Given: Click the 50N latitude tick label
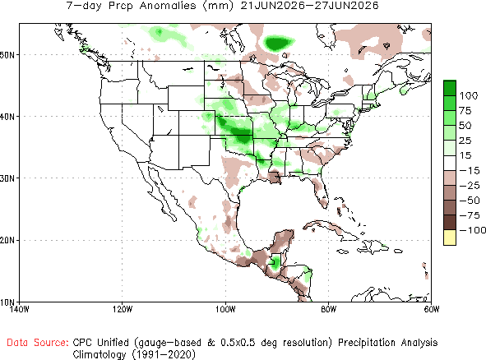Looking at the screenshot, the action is point(7,55).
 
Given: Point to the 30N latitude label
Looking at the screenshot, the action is point(7,178).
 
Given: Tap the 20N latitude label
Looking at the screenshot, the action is point(7,241).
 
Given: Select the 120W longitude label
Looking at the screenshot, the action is point(123,309).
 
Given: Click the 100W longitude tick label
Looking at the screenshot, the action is point(225,309).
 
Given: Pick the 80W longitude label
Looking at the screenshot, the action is point(329,309).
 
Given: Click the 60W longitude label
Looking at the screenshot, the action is point(432,309).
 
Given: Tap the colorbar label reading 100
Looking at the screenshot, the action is point(469,95).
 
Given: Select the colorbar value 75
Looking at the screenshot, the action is point(465,111).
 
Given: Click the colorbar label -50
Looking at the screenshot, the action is point(470,201).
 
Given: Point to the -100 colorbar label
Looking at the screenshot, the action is point(472,230).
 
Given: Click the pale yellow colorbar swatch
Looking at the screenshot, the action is point(450,238).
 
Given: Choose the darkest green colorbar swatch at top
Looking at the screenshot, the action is point(450,88).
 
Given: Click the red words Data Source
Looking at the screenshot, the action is point(38,343).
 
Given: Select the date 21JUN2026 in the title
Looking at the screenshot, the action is point(273,5).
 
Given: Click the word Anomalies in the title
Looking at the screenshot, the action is point(168,5).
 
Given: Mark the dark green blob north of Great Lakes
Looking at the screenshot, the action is point(277,43).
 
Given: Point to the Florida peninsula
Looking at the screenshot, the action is point(320,192).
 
